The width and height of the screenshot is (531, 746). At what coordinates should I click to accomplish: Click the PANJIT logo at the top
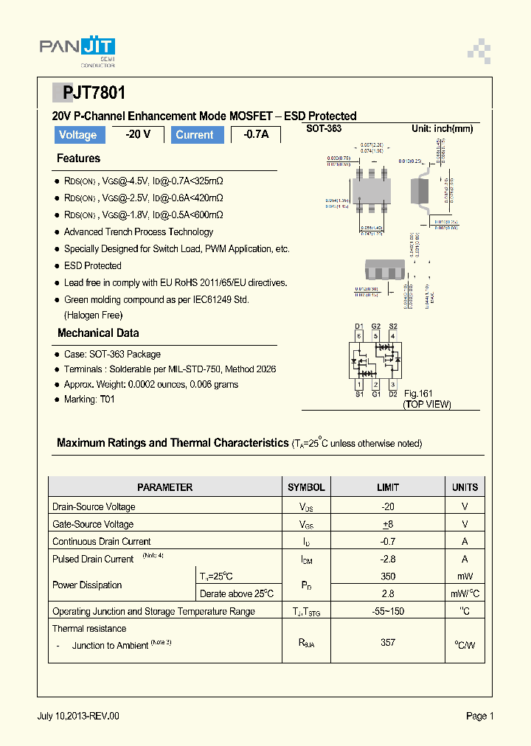pos(77,49)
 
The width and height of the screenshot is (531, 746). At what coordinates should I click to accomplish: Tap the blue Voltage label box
pos(77,135)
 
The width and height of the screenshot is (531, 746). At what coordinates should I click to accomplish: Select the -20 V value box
pos(138,134)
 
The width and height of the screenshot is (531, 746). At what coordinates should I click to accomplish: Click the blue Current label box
pos(195,135)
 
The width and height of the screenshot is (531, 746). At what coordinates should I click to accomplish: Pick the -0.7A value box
pos(256,134)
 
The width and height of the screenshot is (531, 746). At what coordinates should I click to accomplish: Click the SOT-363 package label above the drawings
pos(324,128)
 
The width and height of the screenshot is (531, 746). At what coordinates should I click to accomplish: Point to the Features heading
pos(78,158)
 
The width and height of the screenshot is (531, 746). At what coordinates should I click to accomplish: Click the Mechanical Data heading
pos(98,333)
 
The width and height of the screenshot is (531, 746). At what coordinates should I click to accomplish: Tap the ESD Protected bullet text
pos(92,265)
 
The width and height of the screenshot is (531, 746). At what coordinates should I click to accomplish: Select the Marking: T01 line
pos(89,400)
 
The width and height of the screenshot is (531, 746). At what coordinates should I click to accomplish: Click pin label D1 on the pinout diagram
pos(359,326)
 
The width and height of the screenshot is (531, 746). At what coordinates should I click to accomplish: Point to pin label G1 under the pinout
pos(376,394)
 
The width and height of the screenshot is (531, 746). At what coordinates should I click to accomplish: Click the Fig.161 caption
pos(417,394)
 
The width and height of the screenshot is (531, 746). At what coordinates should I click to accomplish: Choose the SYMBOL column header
pos(306,487)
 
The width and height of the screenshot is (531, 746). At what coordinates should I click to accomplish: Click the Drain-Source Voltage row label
pos(94,507)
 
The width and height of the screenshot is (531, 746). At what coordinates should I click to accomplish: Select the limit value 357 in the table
pos(388,643)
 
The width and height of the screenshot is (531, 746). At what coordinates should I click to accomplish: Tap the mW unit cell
pos(465,576)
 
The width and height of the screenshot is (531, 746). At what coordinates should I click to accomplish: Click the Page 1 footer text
pos(479,716)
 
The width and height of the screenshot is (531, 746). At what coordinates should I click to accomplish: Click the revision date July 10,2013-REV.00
pos(78,716)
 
